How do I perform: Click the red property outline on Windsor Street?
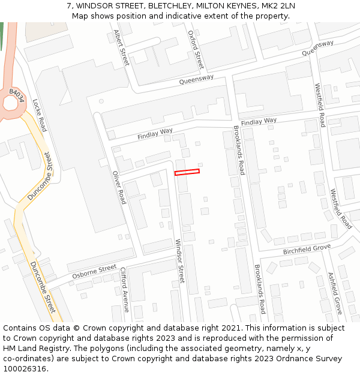187,172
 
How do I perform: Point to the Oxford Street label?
196,50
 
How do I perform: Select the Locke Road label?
40,115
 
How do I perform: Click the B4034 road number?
16,95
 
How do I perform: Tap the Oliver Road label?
119,187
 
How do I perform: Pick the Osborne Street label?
94,272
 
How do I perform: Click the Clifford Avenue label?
125,290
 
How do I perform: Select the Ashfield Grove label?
335,293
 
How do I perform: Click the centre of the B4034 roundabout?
10,104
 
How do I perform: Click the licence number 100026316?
24,369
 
